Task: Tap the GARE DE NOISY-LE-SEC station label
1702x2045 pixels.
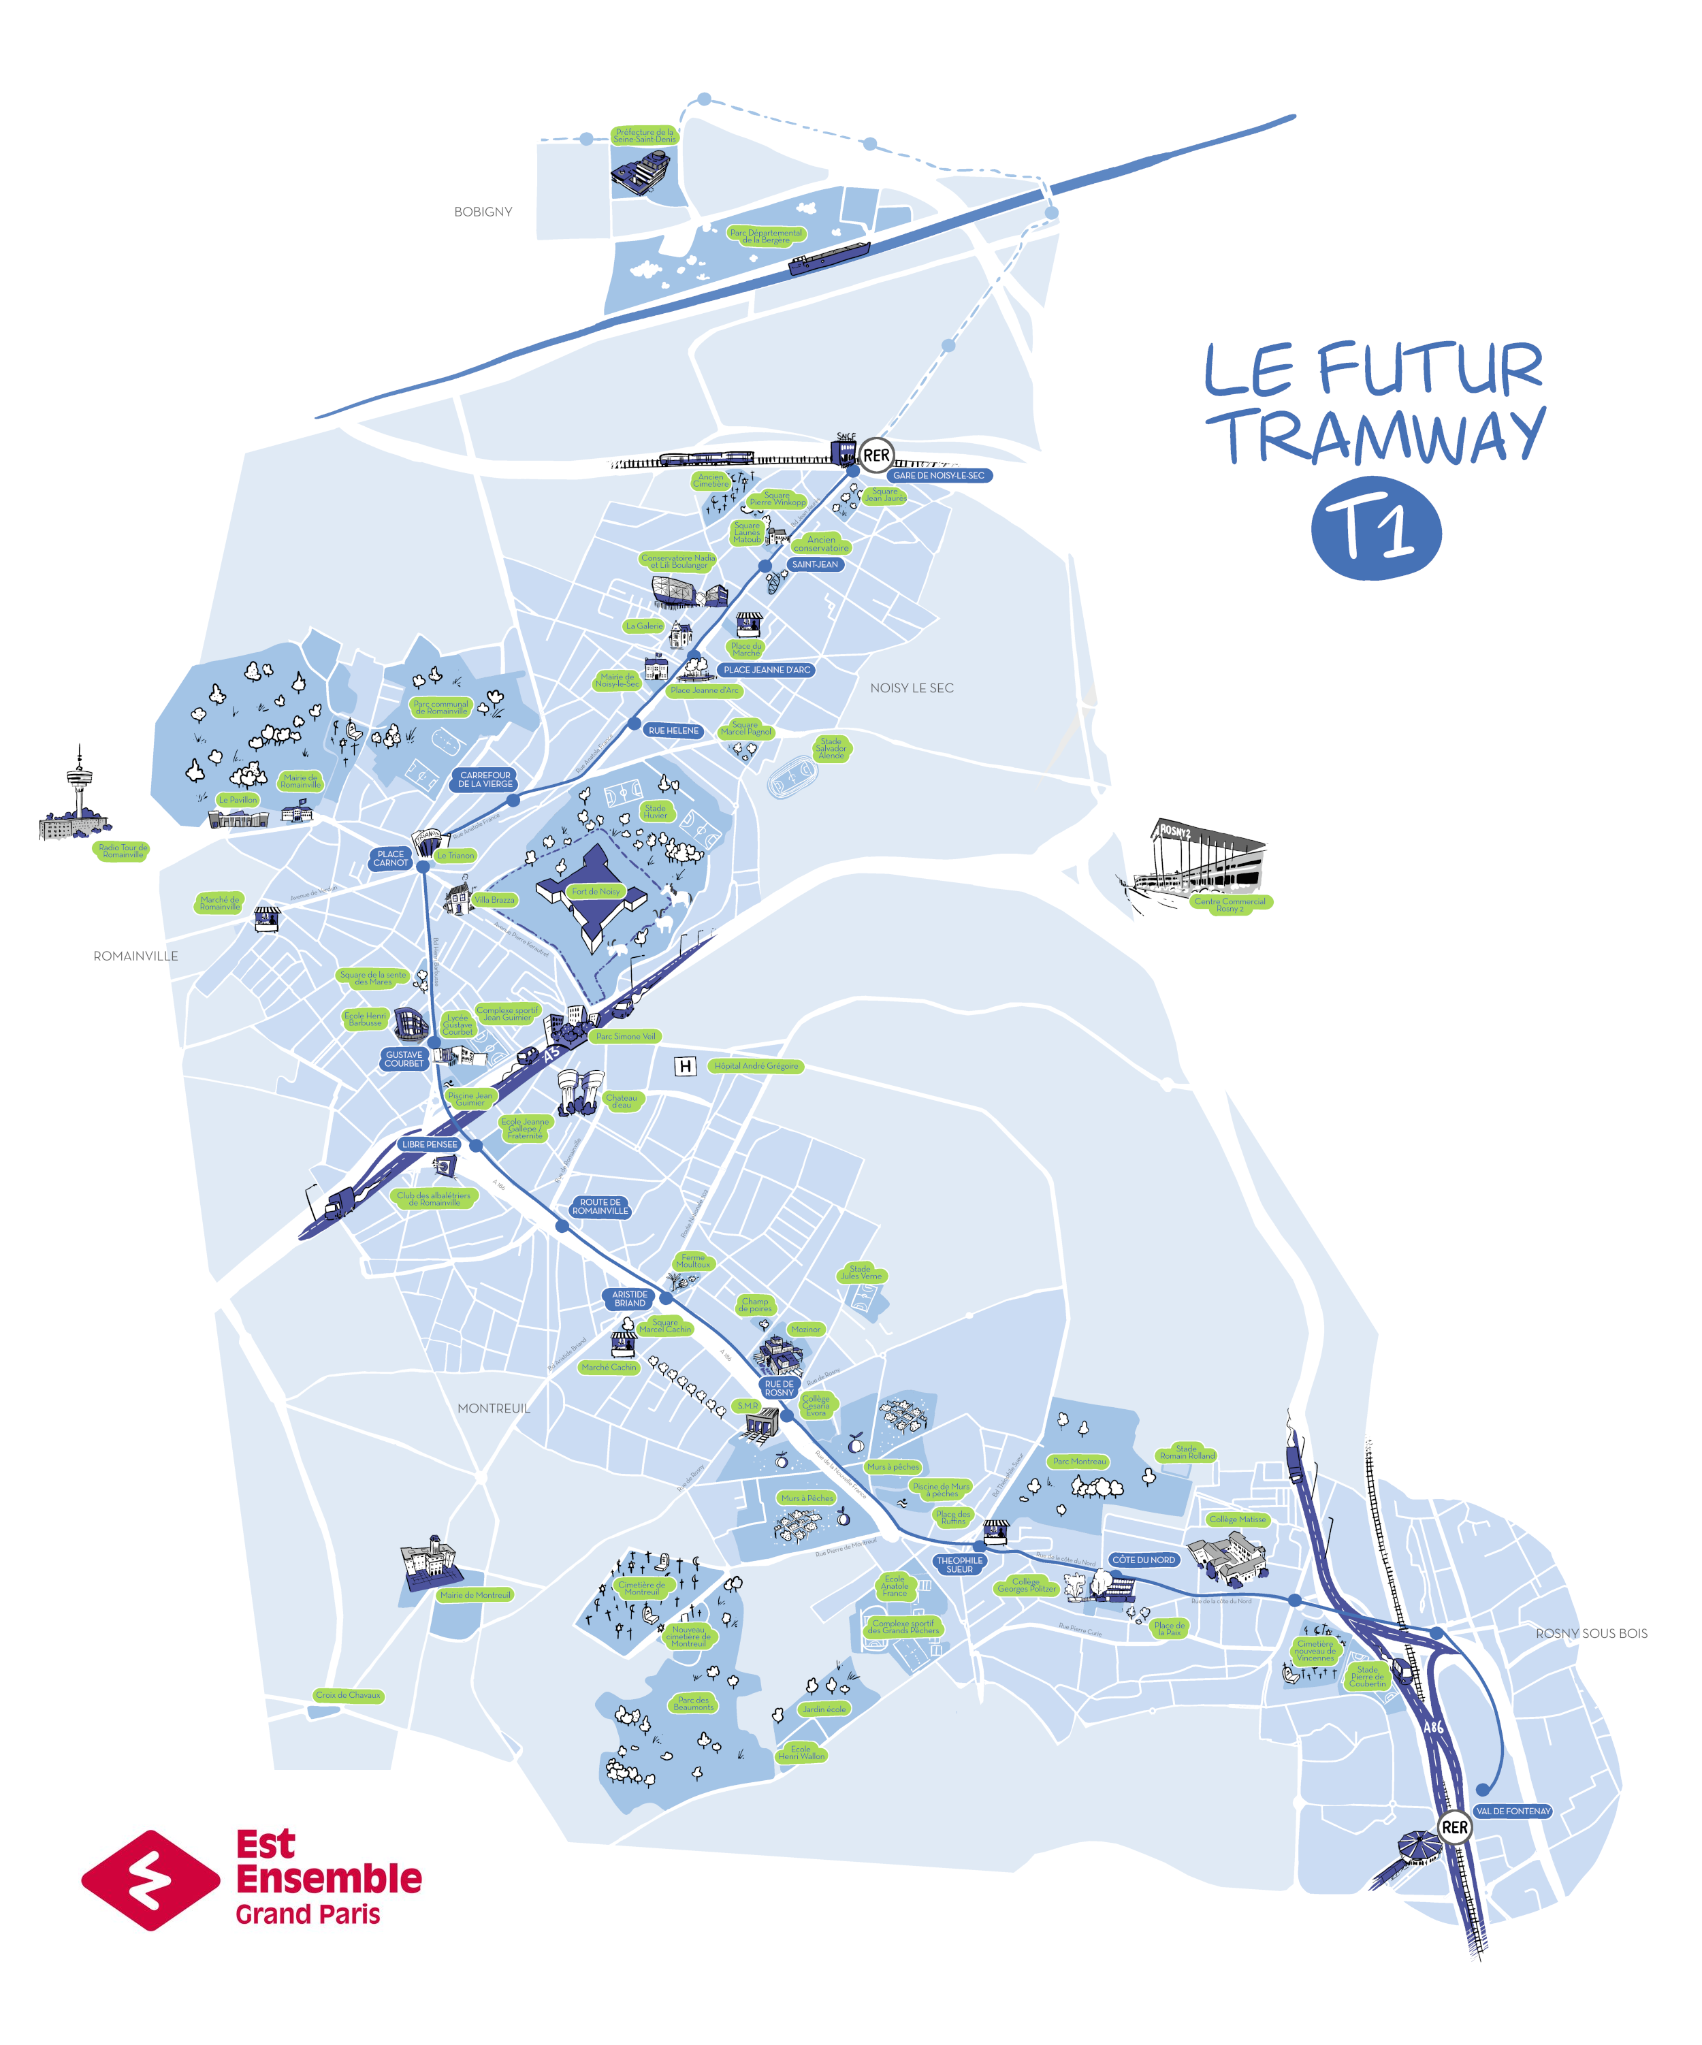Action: (x=939, y=475)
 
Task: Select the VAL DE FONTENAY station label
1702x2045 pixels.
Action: (x=1512, y=1810)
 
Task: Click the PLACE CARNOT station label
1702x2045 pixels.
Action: (x=391, y=858)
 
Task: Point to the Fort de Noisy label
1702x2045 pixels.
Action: (x=595, y=891)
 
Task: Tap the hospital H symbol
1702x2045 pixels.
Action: (x=686, y=1066)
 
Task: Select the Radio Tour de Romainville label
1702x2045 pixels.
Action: (x=123, y=850)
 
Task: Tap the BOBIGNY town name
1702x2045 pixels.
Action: (x=483, y=211)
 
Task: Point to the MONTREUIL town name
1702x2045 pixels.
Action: (x=494, y=1408)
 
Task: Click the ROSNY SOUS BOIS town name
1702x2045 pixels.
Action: (x=1591, y=1633)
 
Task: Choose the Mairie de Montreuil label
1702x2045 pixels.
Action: (x=475, y=1594)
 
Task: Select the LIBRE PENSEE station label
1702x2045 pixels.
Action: (x=430, y=1144)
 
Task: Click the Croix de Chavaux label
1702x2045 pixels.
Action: (x=349, y=1694)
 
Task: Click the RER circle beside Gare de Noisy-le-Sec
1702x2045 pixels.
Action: (x=876, y=455)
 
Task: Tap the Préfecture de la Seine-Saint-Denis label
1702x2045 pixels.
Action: (x=643, y=135)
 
